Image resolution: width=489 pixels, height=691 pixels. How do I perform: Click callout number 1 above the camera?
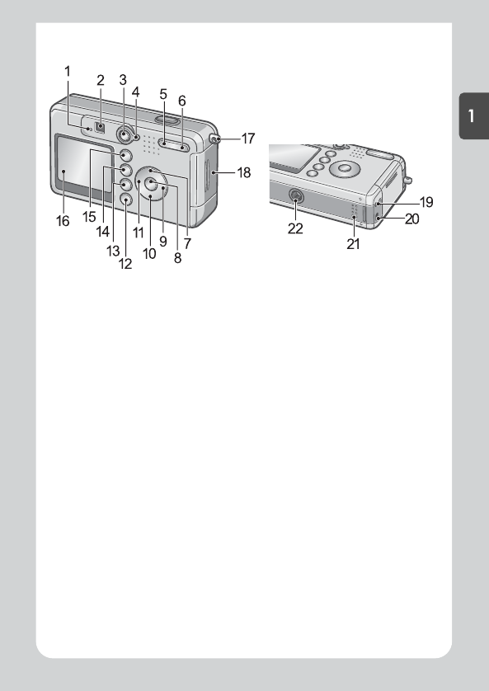tap(68, 71)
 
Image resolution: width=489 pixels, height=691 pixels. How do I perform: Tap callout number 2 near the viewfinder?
tap(101, 80)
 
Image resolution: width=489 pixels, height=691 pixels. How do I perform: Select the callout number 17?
tap(248, 139)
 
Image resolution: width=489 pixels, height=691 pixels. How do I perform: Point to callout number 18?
tap(244, 172)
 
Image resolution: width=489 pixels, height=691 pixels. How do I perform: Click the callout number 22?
tap(295, 228)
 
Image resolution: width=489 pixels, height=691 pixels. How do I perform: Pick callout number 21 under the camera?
tap(353, 244)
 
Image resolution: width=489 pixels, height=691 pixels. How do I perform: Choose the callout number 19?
tap(426, 202)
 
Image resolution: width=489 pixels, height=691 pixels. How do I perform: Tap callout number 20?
tap(412, 219)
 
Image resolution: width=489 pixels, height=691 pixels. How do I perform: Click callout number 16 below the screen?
tap(63, 221)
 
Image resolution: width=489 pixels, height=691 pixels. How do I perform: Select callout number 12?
tap(125, 264)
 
